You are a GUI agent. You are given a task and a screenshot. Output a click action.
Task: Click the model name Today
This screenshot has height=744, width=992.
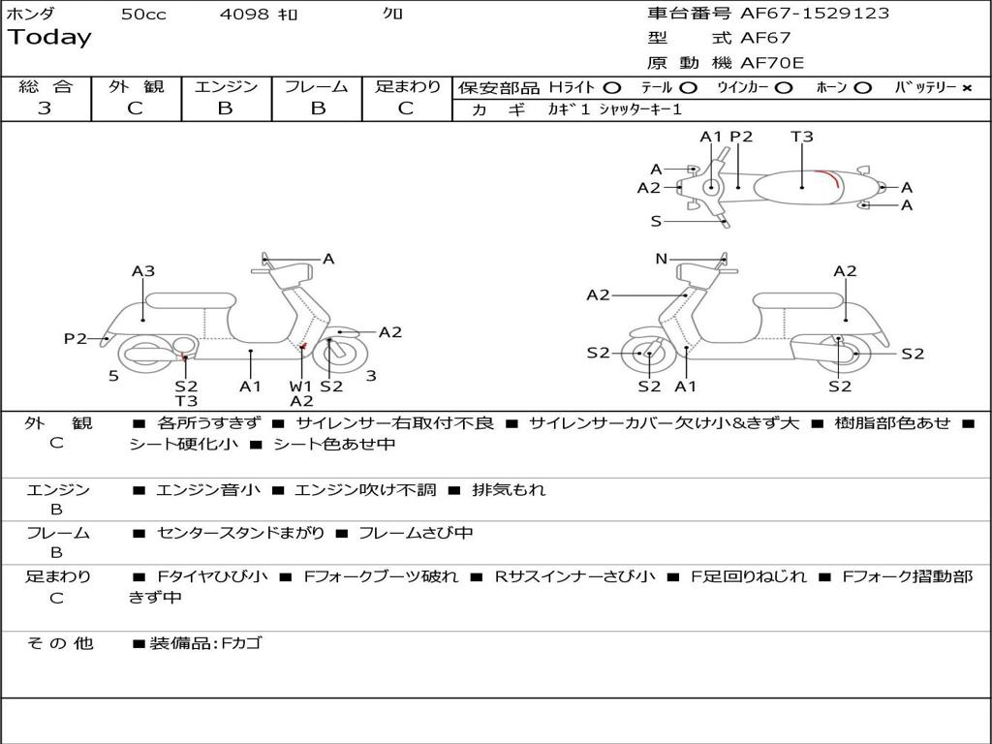(49, 38)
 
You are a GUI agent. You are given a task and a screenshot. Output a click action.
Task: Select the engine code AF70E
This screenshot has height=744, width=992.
(772, 63)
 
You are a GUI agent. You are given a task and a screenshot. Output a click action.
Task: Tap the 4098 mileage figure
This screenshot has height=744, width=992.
(244, 15)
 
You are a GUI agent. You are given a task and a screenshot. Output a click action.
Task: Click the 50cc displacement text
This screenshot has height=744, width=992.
(143, 15)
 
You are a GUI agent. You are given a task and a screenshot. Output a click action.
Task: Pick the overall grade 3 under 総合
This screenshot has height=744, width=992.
(45, 108)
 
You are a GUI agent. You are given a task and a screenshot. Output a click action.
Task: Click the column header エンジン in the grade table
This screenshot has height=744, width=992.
(226, 86)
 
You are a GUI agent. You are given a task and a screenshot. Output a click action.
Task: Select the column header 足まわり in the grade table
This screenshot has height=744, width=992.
(408, 86)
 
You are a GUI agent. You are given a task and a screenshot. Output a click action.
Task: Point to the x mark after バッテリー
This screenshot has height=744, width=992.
(966, 87)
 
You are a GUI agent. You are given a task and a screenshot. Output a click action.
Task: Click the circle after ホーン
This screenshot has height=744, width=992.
(862, 87)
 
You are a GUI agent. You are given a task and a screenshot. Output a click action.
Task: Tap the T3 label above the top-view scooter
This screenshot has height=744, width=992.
(802, 137)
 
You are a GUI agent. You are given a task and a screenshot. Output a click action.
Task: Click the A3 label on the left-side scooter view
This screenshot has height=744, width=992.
(143, 271)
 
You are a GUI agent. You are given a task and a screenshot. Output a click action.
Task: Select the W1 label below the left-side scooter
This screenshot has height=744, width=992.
(301, 386)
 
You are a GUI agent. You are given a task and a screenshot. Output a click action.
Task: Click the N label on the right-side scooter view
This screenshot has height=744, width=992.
(662, 259)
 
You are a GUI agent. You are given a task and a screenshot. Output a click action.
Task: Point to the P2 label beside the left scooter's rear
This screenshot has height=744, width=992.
(76, 338)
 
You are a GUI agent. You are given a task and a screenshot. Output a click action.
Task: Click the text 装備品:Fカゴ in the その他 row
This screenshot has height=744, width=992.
(204, 643)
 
